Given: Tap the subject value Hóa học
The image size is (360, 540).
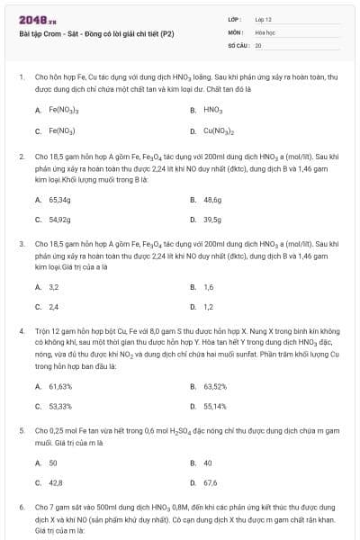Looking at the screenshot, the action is (x=265, y=31).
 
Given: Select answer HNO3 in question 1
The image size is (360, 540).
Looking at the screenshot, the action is (x=213, y=110).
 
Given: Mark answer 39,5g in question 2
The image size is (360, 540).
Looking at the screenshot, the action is (x=212, y=219).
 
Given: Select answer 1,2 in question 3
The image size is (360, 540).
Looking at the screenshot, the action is (x=209, y=307).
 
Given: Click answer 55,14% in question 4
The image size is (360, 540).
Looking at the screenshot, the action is (x=215, y=406).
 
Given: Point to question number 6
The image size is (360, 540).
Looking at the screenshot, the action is (x=22, y=508).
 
